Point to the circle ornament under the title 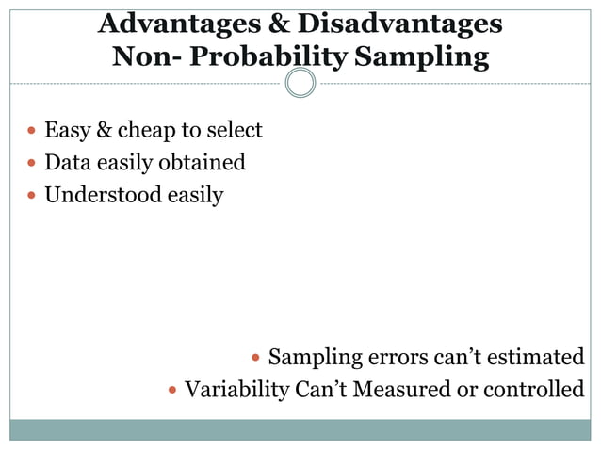[300, 83]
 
